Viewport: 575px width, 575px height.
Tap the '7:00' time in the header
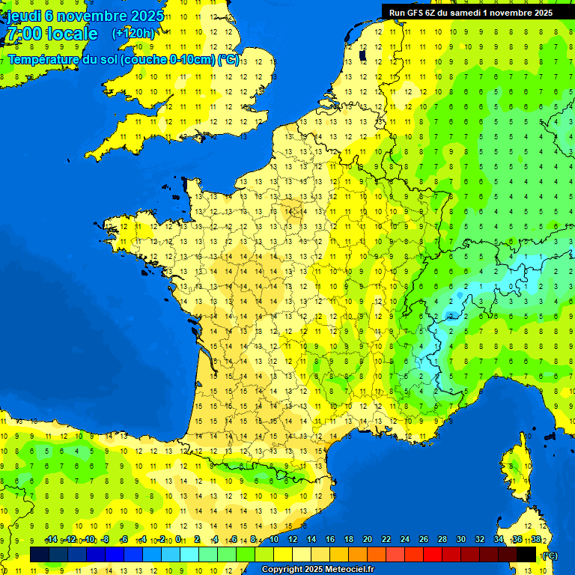pyautogui.click(x=22, y=34)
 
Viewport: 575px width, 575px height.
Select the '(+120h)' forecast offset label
pyautogui.click(x=133, y=34)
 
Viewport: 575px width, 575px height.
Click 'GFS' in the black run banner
pyautogui.click(x=417, y=13)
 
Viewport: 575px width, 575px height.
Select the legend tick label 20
pyautogui.click(x=368, y=540)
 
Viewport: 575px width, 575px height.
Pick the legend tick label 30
pyautogui.click(x=460, y=540)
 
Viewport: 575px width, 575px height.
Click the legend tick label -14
pyautogui.click(x=51, y=540)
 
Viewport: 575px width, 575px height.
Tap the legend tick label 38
pyautogui.click(x=536, y=540)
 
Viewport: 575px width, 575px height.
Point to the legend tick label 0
pyautogui.click(x=178, y=540)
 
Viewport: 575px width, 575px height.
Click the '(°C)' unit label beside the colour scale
pyautogui.click(x=550, y=556)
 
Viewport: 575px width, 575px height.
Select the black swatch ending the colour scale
pyautogui.click(x=526, y=555)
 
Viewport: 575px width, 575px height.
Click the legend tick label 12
pyautogui.click(x=293, y=540)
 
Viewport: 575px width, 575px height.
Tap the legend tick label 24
pyautogui.click(x=405, y=540)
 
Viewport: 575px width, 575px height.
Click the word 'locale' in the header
pyautogui.click(x=72, y=34)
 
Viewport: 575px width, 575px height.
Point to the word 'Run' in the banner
pyautogui.click(x=398, y=13)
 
